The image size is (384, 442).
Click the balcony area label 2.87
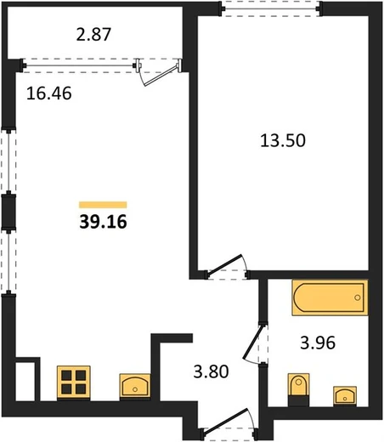point(93,34)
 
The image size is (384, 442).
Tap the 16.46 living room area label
point(49,93)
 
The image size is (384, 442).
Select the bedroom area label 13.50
point(283,140)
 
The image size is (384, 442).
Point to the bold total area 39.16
point(103,221)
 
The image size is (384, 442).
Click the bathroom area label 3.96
point(318,343)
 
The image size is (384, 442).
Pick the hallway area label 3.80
point(211,371)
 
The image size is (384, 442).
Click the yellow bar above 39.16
point(103,205)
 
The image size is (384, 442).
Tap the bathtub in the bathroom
point(330,297)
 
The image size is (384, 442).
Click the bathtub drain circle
point(358,297)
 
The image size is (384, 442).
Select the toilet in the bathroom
point(298,389)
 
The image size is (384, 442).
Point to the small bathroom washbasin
point(345,395)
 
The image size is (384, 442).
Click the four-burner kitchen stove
point(74,382)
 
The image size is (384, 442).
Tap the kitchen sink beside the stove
point(135,386)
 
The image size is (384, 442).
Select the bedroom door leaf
point(224,265)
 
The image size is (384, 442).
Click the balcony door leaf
point(161,76)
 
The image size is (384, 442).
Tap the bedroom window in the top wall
point(271,9)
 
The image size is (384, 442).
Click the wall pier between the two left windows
point(8,211)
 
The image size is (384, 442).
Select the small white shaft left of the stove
point(25,381)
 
